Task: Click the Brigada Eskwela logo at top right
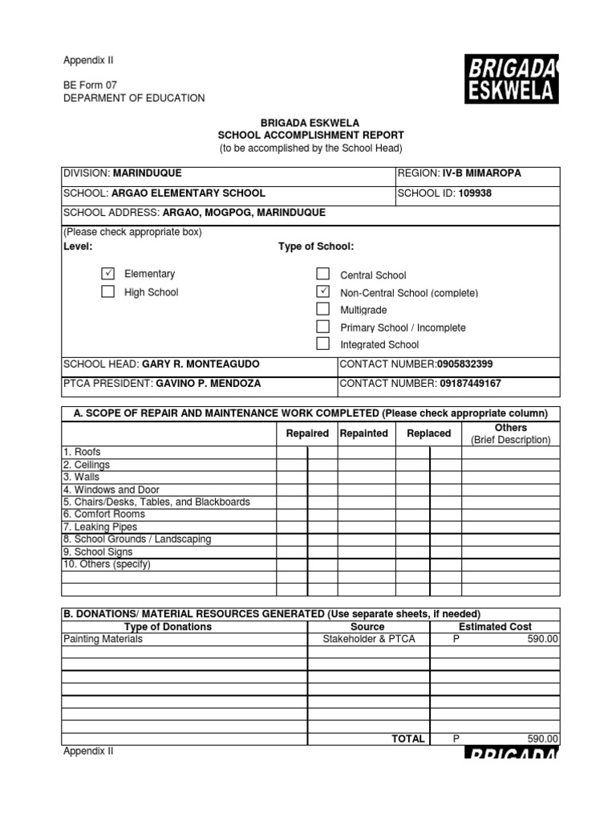pyautogui.click(x=511, y=79)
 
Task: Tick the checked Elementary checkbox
pyautogui.click(x=107, y=274)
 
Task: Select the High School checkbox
pyautogui.click(x=107, y=291)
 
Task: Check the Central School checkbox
pyautogui.click(x=322, y=275)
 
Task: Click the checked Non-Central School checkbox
pyautogui.click(x=322, y=291)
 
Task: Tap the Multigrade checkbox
pyautogui.click(x=322, y=309)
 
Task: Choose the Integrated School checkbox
pyautogui.click(x=322, y=344)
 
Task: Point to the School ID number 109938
pyautogui.click(x=476, y=193)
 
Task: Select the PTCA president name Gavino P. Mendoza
pyautogui.click(x=208, y=384)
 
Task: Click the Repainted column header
pyautogui.click(x=363, y=433)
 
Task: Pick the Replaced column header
pyautogui.click(x=428, y=433)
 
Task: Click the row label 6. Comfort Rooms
pyautogui.click(x=104, y=515)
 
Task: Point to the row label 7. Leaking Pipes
pyautogui.click(x=100, y=527)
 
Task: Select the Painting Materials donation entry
pyautogui.click(x=103, y=639)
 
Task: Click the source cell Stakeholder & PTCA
pyautogui.click(x=368, y=639)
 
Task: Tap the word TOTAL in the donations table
pyautogui.click(x=407, y=739)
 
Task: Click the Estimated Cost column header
pyautogui.click(x=495, y=626)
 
